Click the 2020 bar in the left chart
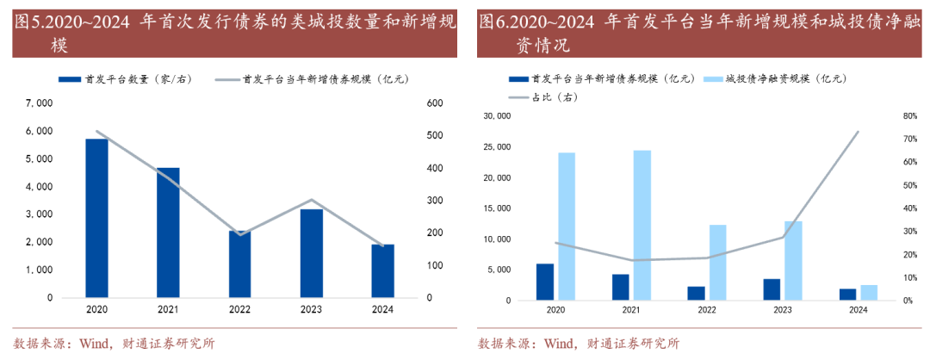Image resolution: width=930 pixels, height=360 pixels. pyautogui.click(x=96, y=218)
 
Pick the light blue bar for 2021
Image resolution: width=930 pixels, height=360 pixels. pyautogui.click(x=642, y=226)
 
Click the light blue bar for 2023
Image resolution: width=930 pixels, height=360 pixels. pyautogui.click(x=793, y=261)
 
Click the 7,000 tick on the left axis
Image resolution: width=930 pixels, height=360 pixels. pyautogui.click(x=40, y=103)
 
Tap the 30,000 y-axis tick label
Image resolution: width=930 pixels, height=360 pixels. pyautogui.click(x=500, y=116)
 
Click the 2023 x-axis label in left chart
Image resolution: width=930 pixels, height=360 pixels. pyautogui.click(x=311, y=308)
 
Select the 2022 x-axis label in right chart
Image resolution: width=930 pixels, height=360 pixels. pyautogui.click(x=707, y=309)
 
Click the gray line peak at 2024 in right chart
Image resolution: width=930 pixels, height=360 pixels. pyautogui.click(x=858, y=132)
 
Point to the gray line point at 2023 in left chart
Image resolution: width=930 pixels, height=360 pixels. pyautogui.click(x=311, y=200)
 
